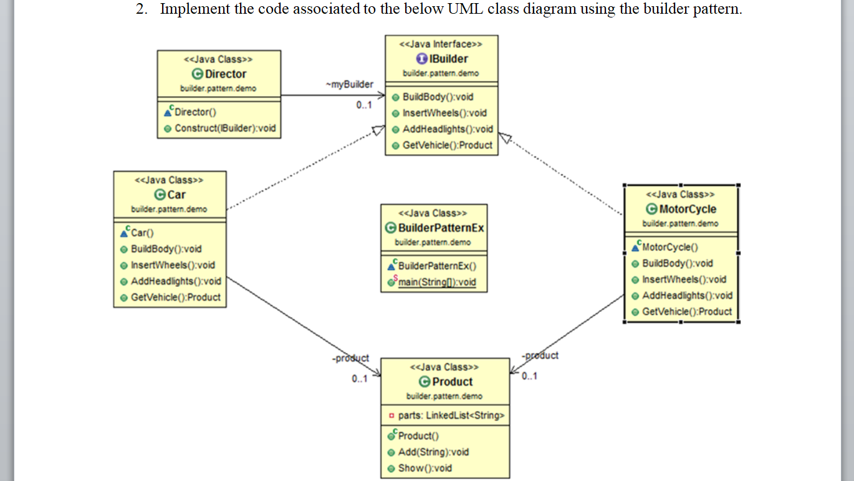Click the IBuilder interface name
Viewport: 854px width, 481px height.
[x=448, y=59]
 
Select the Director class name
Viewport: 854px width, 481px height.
[x=225, y=74]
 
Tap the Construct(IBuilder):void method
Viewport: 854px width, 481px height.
[x=224, y=128]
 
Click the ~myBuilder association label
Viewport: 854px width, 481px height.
[x=349, y=84]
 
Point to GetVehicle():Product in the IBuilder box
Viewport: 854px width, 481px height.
[x=447, y=145]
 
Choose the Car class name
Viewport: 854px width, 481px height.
[x=176, y=195]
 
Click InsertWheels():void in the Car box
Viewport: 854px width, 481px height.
[x=172, y=265]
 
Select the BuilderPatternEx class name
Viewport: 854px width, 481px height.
[x=441, y=228]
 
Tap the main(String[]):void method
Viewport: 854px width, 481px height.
[x=436, y=282]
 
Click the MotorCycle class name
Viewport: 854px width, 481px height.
[x=687, y=209]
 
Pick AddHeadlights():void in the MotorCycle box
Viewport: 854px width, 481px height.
[x=687, y=295]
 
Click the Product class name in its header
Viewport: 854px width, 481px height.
[x=452, y=382]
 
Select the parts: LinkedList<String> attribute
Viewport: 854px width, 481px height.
[x=451, y=415]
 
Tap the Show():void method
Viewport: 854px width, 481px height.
[x=425, y=468]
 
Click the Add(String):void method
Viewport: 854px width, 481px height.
[x=433, y=452]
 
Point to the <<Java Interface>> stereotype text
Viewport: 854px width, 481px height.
[x=441, y=44]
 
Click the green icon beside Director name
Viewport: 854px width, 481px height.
[x=198, y=74]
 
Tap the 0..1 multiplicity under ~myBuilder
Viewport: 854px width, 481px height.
[x=364, y=105]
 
